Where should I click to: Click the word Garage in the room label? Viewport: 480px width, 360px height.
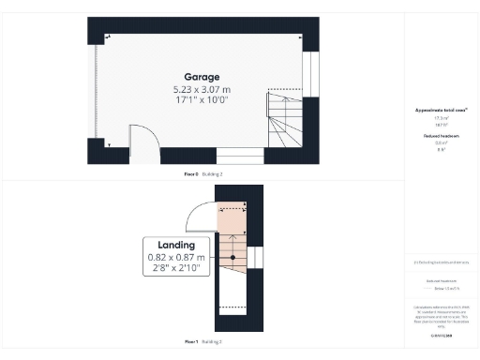[x=202, y=77]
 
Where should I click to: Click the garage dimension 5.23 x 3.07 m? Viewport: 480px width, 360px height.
[x=202, y=88]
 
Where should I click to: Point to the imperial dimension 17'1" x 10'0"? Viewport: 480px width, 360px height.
[x=202, y=98]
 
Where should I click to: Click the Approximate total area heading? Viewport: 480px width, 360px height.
[x=441, y=111]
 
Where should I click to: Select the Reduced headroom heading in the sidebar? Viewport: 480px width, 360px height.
[x=441, y=136]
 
